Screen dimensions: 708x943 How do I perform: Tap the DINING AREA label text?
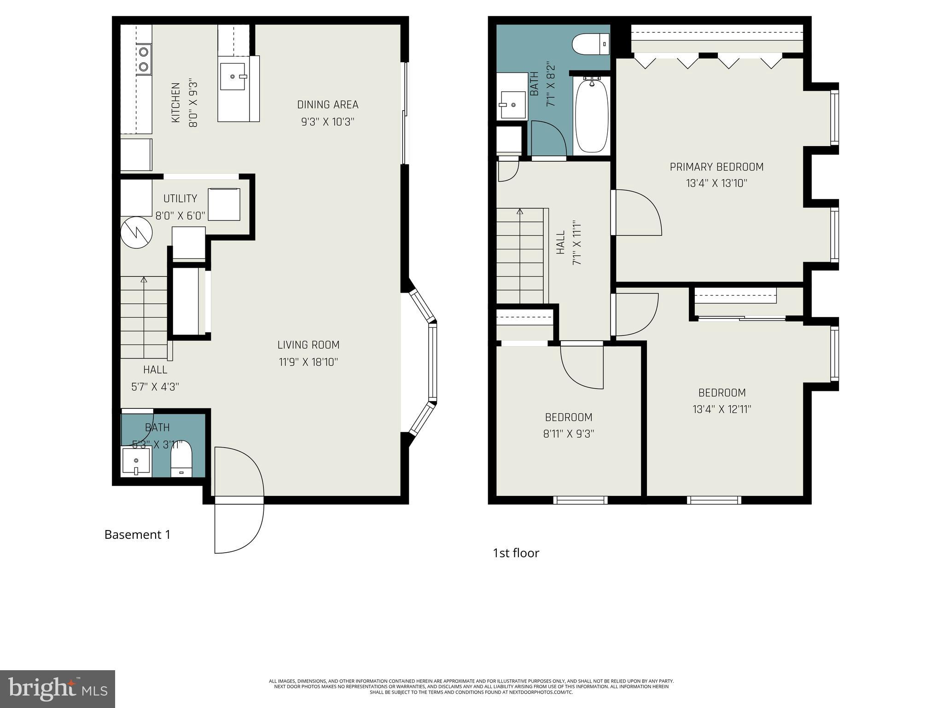coord(327,105)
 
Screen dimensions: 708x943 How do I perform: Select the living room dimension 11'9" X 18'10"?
coord(308,362)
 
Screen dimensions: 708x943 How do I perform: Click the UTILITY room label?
coord(180,199)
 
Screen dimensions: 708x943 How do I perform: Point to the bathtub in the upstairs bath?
coord(592,115)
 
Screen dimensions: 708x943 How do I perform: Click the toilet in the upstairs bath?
coord(591,44)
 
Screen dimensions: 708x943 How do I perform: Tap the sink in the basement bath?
coord(136,461)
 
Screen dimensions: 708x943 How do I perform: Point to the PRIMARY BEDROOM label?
coord(716,167)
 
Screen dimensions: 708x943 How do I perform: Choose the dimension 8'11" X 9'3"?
coord(568,434)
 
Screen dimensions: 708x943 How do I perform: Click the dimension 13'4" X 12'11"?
coord(722,409)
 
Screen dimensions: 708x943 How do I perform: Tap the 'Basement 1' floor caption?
coord(137,535)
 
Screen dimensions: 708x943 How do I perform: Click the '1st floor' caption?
coord(516,553)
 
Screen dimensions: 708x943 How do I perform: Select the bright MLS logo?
coord(58,689)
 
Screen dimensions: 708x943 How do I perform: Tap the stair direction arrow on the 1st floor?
coord(520,212)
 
